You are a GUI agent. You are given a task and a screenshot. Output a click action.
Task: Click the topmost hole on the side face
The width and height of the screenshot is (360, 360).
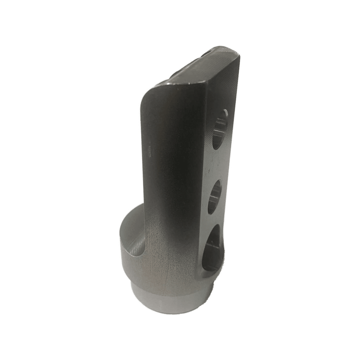point(219,129)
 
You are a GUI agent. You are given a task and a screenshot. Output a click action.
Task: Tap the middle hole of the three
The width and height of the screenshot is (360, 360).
point(215,196)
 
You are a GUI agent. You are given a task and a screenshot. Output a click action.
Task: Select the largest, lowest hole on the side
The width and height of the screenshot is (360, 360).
point(213,248)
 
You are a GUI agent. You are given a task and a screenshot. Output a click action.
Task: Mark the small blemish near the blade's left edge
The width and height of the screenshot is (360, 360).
point(148,147)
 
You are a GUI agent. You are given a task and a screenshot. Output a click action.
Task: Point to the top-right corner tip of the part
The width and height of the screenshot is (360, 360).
point(237,52)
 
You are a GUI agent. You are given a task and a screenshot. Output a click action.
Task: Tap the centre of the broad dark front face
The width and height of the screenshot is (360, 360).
point(175,165)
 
